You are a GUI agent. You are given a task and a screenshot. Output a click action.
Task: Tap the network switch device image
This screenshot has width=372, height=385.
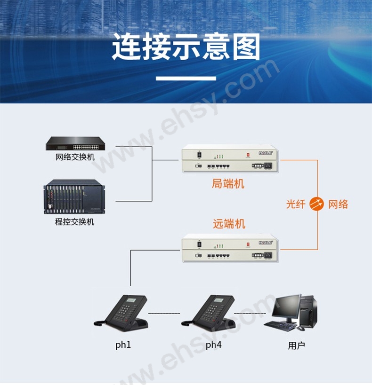coord(75,143)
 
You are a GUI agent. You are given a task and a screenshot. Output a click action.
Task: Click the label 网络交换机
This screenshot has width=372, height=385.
coord(75,157)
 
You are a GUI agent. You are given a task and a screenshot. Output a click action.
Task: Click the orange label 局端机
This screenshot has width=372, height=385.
coord(228,184)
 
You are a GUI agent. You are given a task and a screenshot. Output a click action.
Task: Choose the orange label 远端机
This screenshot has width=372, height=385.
coord(229,224)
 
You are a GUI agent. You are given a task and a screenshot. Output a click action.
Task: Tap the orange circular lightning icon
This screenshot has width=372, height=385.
coord(317,204)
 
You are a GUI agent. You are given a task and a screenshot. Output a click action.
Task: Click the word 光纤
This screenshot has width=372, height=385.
coord(296,204)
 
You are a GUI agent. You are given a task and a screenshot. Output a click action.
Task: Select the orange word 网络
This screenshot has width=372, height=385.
coord(338,204)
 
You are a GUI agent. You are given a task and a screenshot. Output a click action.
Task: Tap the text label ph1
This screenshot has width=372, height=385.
coord(123,345)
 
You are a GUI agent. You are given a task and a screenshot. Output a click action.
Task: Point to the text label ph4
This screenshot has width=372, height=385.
coord(213,345)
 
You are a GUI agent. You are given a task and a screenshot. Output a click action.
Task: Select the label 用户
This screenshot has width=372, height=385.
coord(296,346)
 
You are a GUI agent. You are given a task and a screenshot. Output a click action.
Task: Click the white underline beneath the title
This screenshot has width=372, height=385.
coord(186,78)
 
